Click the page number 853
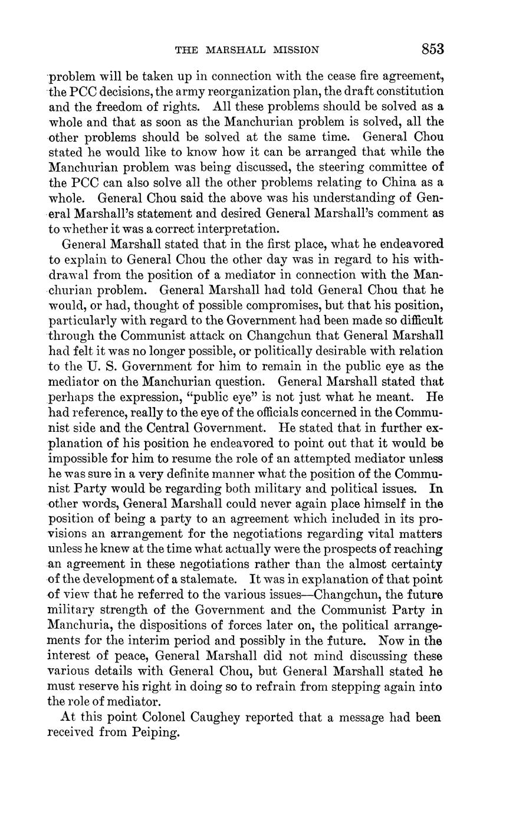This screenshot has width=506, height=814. [x=432, y=49]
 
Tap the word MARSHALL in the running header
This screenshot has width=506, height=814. [x=239, y=50]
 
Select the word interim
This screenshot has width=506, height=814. [x=129, y=641]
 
